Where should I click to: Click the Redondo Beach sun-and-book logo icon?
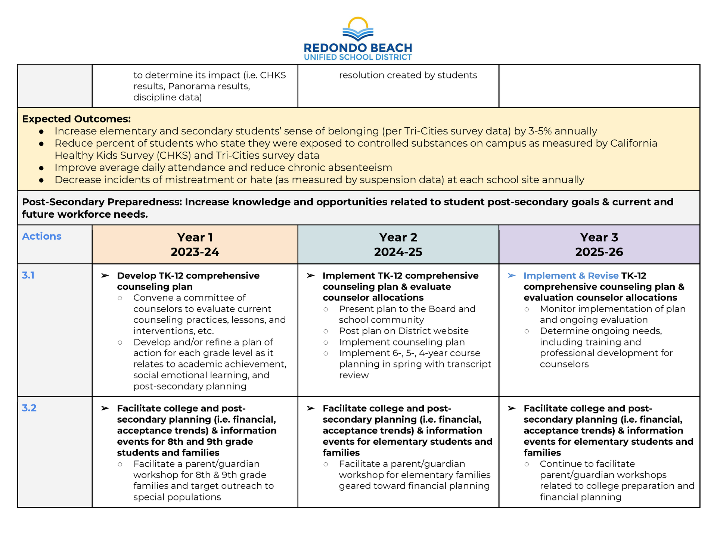(358, 29)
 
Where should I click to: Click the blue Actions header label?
(41, 236)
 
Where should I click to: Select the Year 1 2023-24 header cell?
(195, 245)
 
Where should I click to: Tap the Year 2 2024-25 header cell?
(398, 245)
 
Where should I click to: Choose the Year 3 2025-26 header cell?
(599, 245)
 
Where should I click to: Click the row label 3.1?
(28, 275)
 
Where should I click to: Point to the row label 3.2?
(29, 408)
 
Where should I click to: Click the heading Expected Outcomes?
(76, 119)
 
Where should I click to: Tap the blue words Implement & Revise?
(571, 276)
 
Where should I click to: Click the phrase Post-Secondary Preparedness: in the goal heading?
(102, 202)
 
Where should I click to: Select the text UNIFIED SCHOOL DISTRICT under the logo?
(358, 57)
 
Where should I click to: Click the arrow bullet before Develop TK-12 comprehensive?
(105, 276)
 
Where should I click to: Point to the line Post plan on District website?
(403, 331)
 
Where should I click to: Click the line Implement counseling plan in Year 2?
(401, 342)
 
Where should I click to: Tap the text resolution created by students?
(408, 75)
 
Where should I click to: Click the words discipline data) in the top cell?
(167, 97)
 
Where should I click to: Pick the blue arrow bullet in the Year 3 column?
(512, 276)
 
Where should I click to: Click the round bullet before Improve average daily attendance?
(41, 168)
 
